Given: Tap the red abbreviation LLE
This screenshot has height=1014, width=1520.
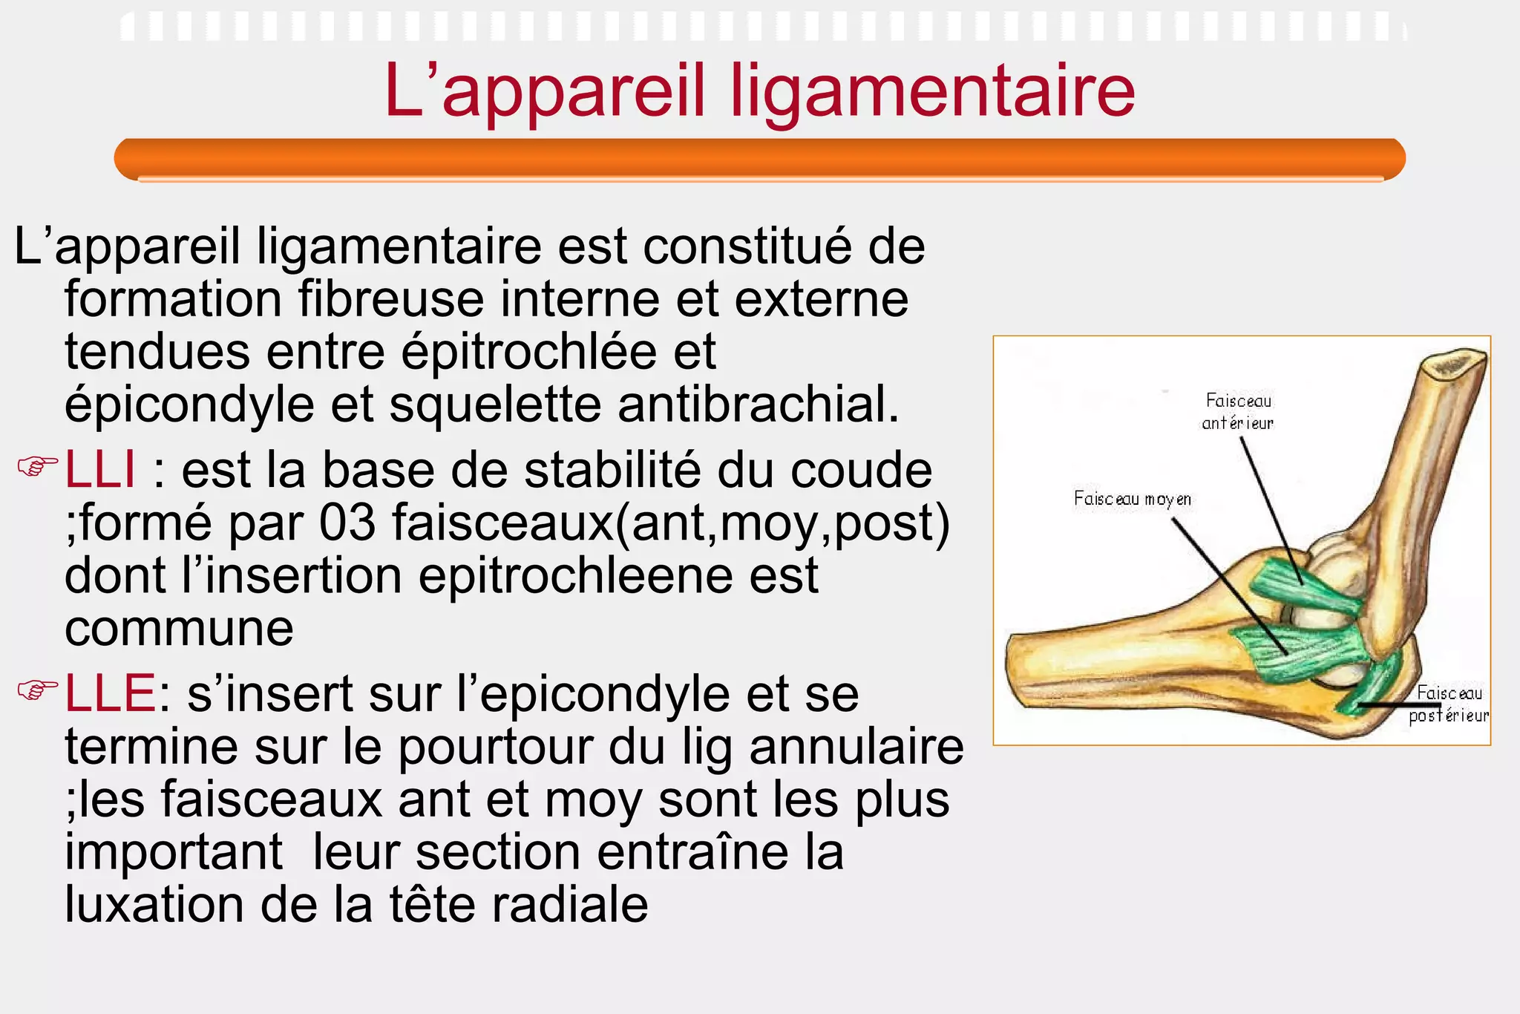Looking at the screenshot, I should coord(110,693).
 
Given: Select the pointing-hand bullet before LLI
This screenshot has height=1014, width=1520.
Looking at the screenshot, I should coord(37,468).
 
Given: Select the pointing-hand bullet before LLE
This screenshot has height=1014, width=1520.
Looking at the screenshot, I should coord(37,690).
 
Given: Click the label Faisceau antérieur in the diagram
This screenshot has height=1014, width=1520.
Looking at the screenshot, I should coord(1238,412).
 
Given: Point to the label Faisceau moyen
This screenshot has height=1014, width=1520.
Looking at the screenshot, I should coord(1133,499).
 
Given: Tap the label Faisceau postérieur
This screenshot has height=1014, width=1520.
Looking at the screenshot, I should coord(1449,704).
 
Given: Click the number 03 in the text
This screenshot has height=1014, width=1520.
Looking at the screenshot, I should coord(347,523).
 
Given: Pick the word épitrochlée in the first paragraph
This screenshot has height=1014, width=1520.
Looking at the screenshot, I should coord(528,352).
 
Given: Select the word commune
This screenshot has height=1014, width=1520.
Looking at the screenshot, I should coord(179,629).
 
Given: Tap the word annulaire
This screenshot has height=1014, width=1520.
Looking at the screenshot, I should coord(856,747).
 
